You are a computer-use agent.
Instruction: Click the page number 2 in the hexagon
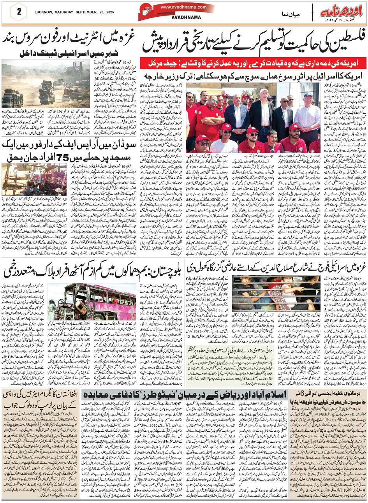tap(19, 11)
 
